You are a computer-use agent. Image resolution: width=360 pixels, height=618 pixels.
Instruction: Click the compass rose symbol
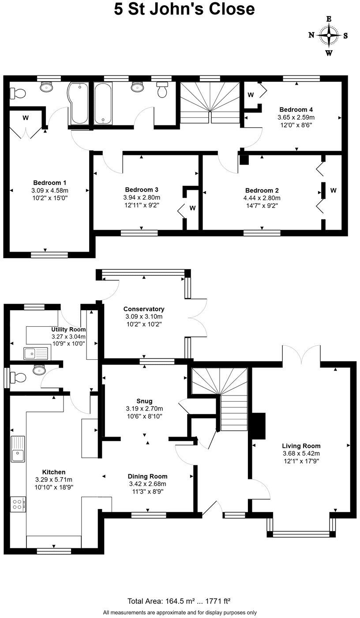coord(329,36)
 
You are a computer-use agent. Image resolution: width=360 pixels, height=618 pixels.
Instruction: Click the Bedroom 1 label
coord(49,182)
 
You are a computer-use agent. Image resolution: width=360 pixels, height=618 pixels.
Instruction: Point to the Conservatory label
coord(144,309)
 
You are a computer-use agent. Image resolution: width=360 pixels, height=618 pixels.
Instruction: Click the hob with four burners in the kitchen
coord(18,504)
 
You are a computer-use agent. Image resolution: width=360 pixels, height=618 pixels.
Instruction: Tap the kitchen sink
coord(18,449)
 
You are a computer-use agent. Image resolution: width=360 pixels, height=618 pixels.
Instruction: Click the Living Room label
coord(301,446)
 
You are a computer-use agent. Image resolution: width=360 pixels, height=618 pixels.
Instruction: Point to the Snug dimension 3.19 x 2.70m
coord(144,408)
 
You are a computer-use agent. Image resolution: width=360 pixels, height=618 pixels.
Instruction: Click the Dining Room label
coord(147,476)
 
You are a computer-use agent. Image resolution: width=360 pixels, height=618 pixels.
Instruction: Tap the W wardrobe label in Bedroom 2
coord(334,191)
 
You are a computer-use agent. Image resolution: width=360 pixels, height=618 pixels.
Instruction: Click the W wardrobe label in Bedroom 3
coord(192,207)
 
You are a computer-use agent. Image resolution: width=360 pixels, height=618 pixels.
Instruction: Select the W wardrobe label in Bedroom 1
coord(26,118)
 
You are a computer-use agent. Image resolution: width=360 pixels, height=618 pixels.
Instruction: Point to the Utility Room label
coord(68,329)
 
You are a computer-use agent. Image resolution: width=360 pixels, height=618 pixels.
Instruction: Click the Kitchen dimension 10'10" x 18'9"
coord(54,487)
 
